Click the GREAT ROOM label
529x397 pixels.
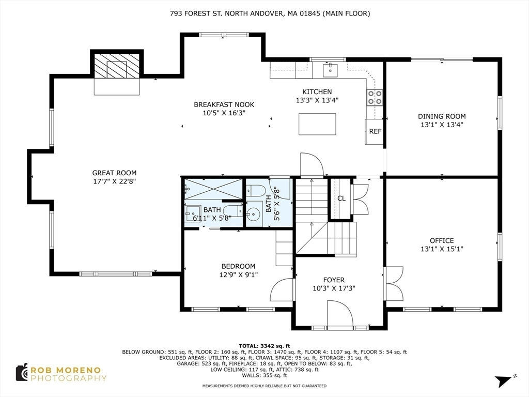coord(114,173)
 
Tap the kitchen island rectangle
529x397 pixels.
coord(317,124)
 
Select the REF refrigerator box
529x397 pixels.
coord(374,132)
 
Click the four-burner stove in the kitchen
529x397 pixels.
coord(375,97)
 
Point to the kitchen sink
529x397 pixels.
coord(330,70)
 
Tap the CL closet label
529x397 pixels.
coord(341,198)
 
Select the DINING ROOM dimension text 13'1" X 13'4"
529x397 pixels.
coord(442,125)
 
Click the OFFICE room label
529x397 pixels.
coord(442,241)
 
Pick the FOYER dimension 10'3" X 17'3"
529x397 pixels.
coord(334,288)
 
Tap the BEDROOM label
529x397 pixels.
coord(238,266)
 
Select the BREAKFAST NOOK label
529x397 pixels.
coord(224,104)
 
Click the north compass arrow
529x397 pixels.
coord(504,380)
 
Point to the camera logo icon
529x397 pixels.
coord(22,373)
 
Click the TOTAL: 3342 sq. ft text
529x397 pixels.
coord(264,346)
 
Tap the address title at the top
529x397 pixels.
coord(270,13)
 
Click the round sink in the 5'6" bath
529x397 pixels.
coord(254,213)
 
